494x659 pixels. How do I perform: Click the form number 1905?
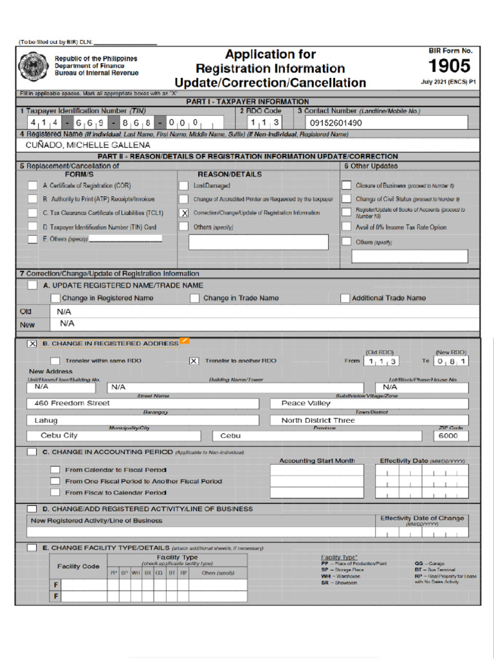point(450,66)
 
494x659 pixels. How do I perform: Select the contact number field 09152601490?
point(387,122)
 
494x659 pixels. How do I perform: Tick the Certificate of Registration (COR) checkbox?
point(32,185)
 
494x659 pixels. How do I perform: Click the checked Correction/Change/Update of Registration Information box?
point(184,212)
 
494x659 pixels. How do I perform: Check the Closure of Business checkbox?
point(346,185)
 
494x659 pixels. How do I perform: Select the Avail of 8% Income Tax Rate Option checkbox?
point(346,227)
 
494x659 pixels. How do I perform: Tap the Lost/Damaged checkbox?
point(184,185)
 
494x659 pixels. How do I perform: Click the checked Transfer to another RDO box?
point(194,361)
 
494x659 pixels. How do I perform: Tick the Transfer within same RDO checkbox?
point(55,361)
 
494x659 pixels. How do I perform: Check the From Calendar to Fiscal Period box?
point(55,470)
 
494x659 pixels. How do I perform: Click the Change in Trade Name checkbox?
point(194,298)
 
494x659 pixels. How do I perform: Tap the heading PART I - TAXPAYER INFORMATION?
point(248,102)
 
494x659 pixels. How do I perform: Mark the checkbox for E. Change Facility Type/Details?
point(32,548)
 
